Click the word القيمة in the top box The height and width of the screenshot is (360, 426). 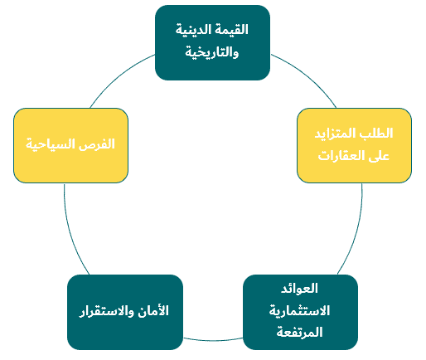[233, 30]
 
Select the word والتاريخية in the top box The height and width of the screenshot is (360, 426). [212, 52]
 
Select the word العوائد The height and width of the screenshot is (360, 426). [299, 289]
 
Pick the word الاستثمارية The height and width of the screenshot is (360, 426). [299, 311]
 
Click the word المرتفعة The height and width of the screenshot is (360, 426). [299, 332]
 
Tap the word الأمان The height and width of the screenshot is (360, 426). [153, 311]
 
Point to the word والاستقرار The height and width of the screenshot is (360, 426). [107, 311]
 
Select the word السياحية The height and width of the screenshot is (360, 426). [51, 144]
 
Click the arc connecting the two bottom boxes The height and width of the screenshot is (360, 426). [213, 340]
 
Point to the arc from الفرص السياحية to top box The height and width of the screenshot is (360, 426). [119, 76]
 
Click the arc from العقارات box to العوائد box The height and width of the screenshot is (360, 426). [356, 232]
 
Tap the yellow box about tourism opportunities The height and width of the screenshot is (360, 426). [70, 145]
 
